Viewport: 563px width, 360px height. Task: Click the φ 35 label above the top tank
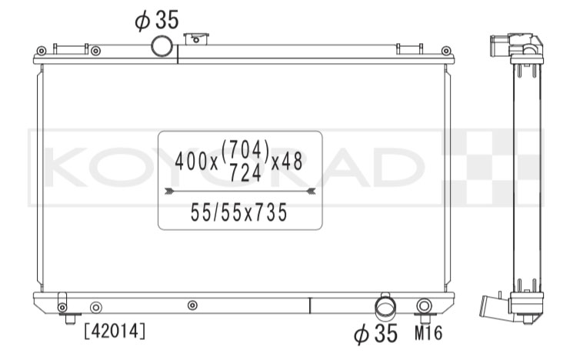click(157, 20)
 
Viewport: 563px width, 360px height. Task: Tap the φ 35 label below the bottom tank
click(375, 333)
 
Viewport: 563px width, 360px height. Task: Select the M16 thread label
click(428, 333)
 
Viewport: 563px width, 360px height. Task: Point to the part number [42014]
click(115, 331)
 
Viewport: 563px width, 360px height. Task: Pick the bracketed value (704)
click(245, 150)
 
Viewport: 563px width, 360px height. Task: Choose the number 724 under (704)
click(245, 173)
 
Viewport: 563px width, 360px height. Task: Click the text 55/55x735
click(239, 212)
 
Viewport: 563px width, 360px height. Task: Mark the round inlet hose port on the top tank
click(162, 46)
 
